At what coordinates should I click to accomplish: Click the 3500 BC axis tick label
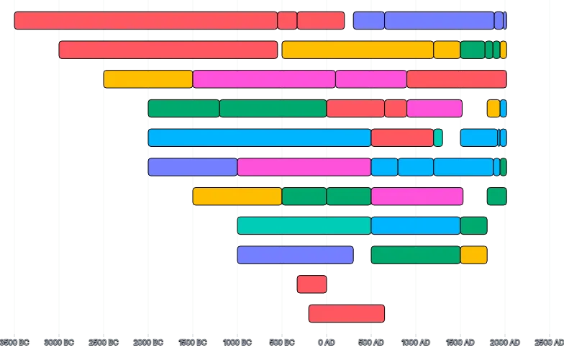(x=15, y=341)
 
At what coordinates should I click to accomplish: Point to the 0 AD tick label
(x=327, y=341)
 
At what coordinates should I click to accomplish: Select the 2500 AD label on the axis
(x=549, y=341)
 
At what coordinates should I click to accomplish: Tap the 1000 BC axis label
(x=237, y=341)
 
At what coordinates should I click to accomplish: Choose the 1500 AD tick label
(x=460, y=341)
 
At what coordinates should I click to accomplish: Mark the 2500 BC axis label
(x=104, y=341)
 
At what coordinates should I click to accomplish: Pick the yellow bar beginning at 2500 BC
(x=148, y=79)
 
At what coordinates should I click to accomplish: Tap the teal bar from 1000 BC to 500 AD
(x=304, y=225)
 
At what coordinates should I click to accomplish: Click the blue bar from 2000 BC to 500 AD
(x=260, y=138)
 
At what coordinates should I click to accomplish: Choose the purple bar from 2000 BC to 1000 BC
(x=193, y=167)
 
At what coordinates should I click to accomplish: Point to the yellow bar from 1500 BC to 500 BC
(x=237, y=196)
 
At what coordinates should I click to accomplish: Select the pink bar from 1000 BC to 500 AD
(x=304, y=167)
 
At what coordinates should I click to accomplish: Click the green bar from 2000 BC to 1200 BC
(x=184, y=108)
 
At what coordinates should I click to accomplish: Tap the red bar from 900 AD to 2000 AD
(x=456, y=79)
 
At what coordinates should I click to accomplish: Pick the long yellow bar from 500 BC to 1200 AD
(x=358, y=50)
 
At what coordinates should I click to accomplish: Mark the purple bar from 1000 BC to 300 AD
(x=296, y=255)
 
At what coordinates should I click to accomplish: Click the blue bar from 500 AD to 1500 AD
(x=416, y=225)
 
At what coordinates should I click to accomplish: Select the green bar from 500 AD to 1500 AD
(x=416, y=255)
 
